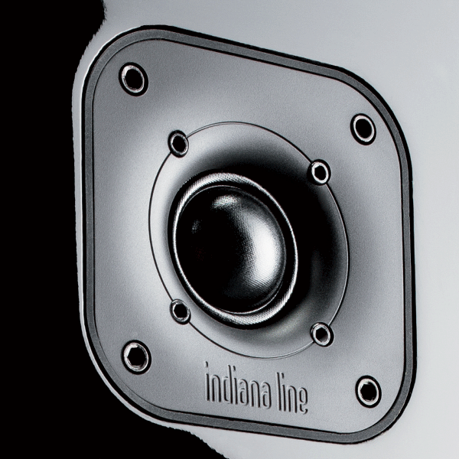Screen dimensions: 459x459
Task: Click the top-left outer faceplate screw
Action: (133, 80)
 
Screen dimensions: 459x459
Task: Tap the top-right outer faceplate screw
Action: (363, 129)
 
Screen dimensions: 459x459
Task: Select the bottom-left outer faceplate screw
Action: (136, 357)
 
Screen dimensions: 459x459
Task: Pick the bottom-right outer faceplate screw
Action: (369, 392)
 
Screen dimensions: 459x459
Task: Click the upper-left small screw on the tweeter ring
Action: (178, 144)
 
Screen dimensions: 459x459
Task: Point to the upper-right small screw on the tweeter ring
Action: (321, 172)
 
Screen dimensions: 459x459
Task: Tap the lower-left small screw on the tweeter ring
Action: (181, 311)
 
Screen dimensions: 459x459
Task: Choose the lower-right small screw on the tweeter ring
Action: (322, 334)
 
